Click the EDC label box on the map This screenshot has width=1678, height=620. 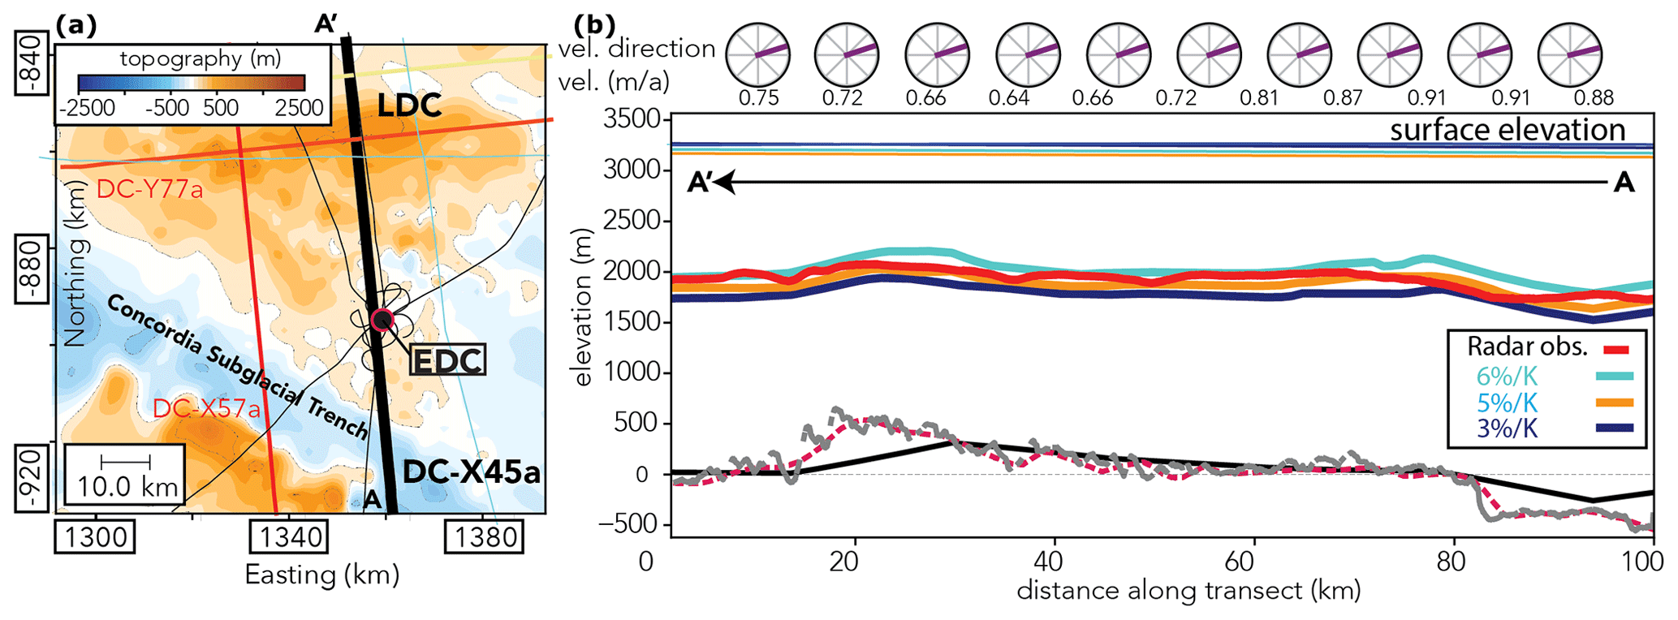(447, 360)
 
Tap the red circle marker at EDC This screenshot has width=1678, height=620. (381, 320)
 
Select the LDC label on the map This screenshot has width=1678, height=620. (409, 105)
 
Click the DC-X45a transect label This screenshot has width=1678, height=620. (472, 472)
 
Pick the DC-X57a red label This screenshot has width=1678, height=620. (207, 409)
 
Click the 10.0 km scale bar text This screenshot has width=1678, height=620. (127, 486)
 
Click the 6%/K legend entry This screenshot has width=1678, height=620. (1507, 376)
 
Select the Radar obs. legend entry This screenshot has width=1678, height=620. (1527, 347)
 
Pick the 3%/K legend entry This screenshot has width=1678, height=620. (1507, 428)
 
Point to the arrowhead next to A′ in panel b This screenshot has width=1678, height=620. (725, 183)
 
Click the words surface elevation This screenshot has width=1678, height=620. (1508, 130)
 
